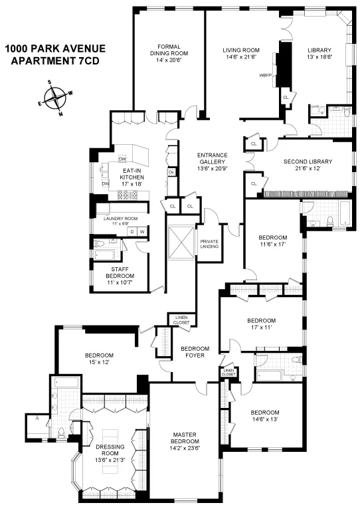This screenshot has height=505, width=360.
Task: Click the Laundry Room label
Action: tap(120, 218)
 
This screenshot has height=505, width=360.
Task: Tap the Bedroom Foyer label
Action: tap(195, 352)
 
